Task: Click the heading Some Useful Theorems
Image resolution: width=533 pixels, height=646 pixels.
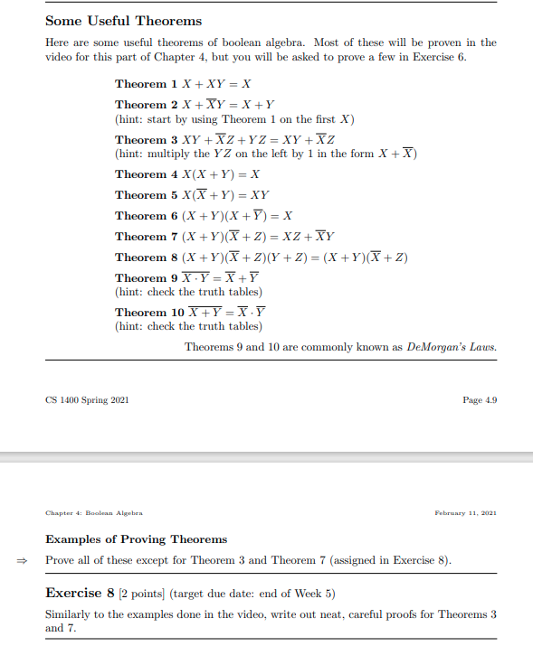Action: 123,20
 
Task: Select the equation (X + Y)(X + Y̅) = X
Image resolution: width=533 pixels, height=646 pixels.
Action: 237,216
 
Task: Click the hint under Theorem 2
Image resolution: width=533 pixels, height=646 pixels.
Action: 234,119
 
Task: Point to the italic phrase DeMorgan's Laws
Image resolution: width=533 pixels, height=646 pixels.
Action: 452,347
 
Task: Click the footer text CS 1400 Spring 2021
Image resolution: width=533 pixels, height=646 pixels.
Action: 87,400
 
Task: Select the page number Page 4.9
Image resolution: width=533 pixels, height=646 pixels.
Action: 480,400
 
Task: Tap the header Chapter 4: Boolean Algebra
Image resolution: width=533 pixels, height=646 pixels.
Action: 95,513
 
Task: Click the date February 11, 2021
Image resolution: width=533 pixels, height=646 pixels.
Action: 466,513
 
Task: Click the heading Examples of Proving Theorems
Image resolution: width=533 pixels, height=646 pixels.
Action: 136,539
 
